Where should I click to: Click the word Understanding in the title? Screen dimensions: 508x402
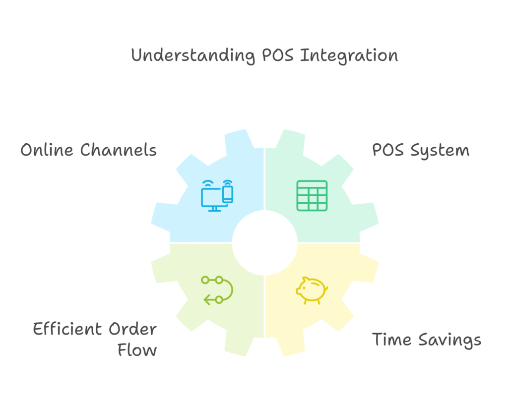click(193, 56)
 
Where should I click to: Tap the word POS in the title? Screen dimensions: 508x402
click(278, 55)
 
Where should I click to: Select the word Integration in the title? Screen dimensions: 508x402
click(349, 56)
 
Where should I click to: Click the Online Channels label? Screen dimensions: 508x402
click(88, 150)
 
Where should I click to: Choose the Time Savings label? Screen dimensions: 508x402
click(426, 340)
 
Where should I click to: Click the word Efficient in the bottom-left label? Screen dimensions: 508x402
click(67, 329)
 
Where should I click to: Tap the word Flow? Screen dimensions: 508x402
click(137, 350)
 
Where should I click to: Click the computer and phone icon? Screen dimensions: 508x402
click(217, 195)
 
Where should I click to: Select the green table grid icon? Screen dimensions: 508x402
click(312, 196)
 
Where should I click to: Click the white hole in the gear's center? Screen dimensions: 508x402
click(265, 243)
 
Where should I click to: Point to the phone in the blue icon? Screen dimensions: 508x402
click(228, 194)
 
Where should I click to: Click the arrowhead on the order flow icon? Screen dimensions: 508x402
click(207, 300)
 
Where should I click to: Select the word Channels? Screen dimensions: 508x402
click(119, 150)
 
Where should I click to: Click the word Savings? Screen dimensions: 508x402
click(449, 341)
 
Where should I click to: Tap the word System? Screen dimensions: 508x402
click(440, 151)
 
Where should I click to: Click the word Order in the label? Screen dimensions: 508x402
click(132, 329)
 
